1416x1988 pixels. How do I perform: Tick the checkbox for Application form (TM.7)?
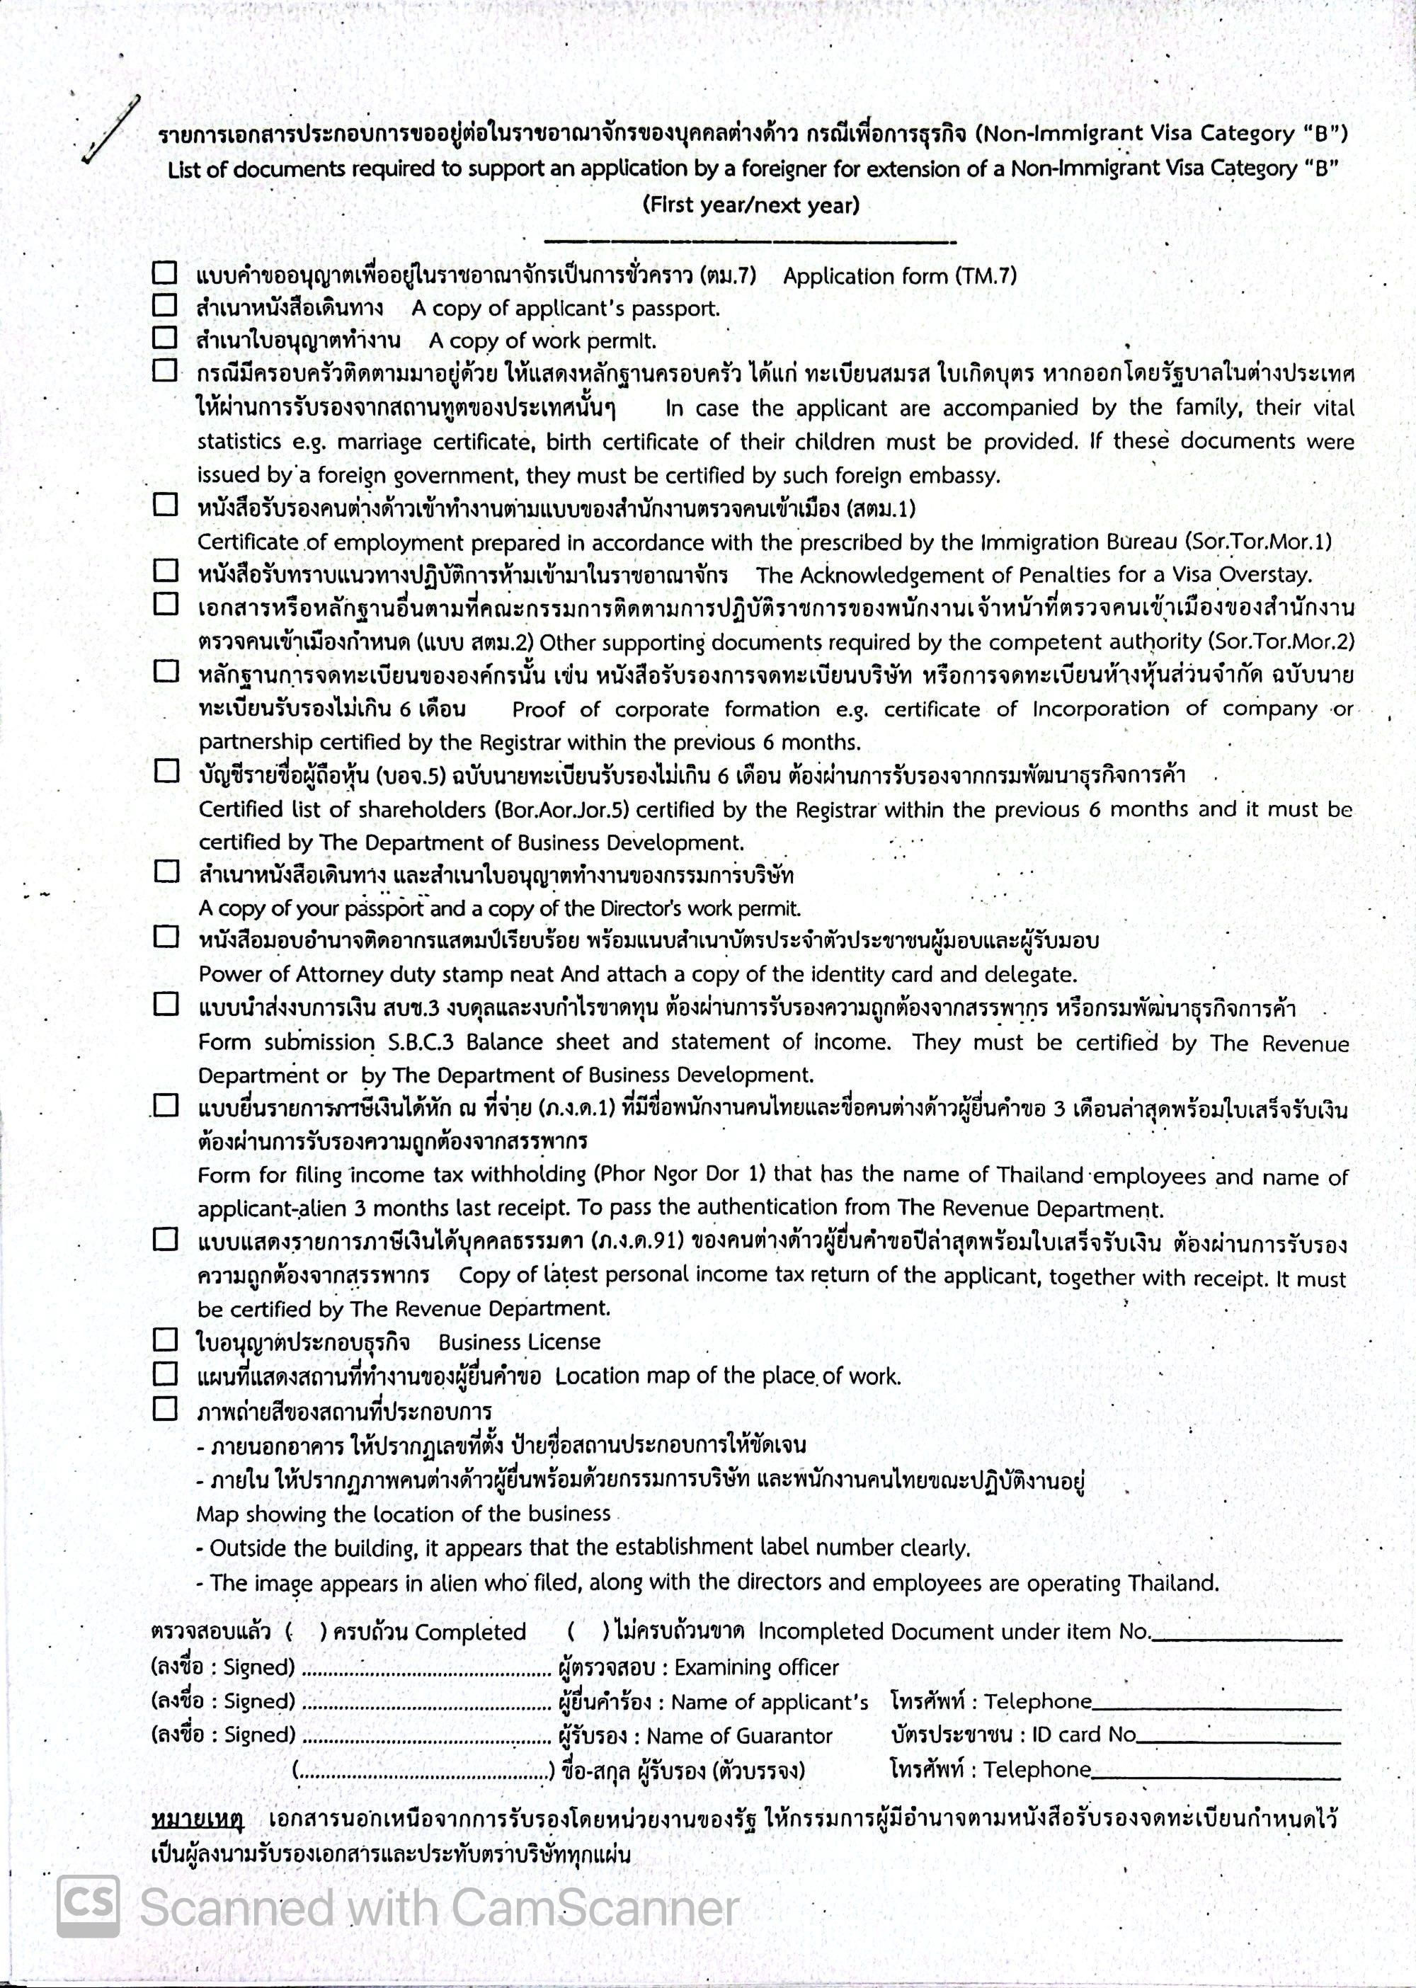(x=165, y=274)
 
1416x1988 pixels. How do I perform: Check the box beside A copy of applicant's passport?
(x=165, y=306)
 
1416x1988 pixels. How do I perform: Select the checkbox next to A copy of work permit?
(x=165, y=338)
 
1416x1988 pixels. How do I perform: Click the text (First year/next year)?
(x=750, y=206)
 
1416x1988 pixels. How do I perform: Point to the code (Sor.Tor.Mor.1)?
(x=1258, y=542)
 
